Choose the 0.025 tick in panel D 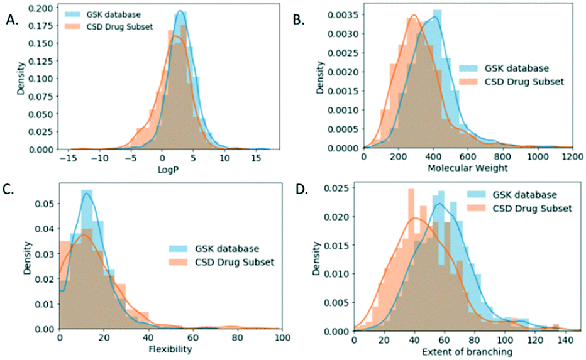tap(338, 187)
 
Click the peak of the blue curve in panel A tap(180, 11)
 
